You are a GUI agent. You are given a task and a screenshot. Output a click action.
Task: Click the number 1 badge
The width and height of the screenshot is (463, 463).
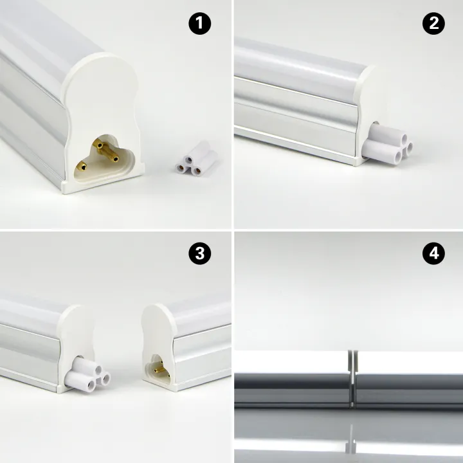click(200, 24)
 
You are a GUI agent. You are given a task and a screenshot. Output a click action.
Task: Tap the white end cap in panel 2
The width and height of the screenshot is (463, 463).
click(365, 103)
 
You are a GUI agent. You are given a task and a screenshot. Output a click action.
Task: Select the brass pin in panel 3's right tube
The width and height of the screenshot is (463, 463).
click(156, 368)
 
